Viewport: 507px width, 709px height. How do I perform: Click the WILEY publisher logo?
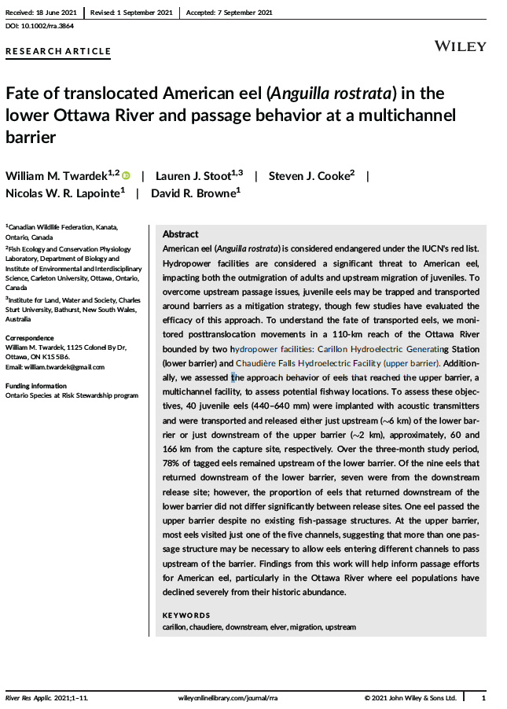(460, 46)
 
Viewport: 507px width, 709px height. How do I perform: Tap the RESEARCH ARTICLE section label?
(58, 52)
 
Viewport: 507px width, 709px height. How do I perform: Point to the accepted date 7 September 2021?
(241, 12)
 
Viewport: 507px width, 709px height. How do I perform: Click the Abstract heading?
(180, 234)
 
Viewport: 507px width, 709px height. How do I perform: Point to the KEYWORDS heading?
(186, 615)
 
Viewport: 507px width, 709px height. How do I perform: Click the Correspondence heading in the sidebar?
(31, 338)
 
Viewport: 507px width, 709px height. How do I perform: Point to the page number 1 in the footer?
(483, 698)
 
